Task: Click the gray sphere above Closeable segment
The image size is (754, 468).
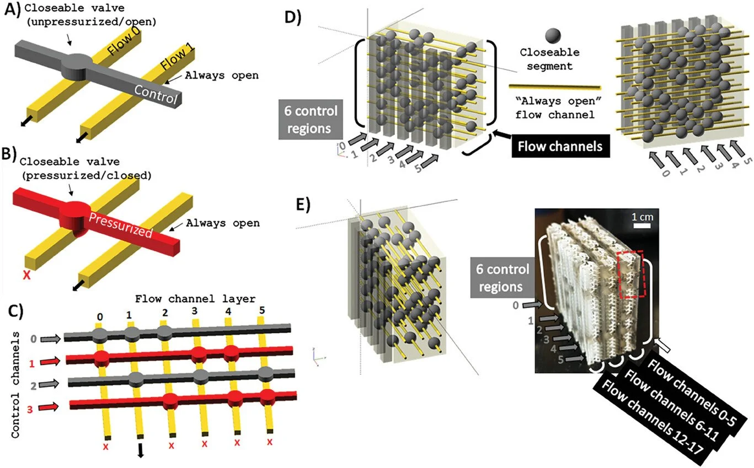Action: [x=554, y=36]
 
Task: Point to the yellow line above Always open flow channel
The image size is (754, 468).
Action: [x=555, y=87]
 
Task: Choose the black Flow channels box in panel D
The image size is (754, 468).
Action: [x=560, y=147]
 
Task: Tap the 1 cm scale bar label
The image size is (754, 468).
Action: [x=641, y=217]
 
